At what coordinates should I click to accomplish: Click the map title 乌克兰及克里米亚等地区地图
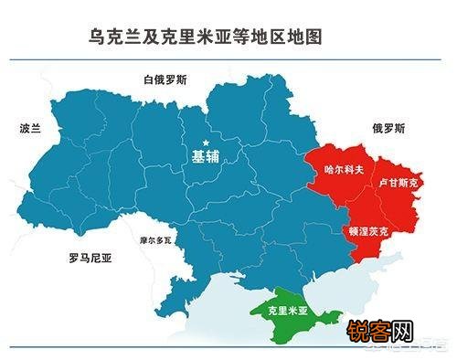(x=206, y=37)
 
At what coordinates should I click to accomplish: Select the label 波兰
(x=31, y=128)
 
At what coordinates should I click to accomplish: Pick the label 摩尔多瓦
(x=155, y=240)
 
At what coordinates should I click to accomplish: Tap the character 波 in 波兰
(x=25, y=128)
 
